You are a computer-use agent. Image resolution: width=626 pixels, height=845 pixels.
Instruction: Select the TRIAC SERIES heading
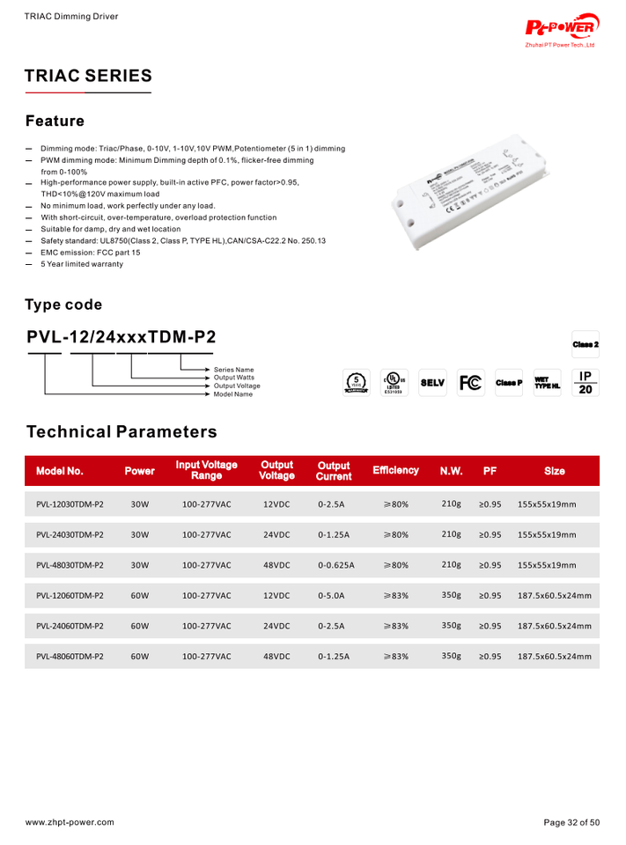click(x=88, y=76)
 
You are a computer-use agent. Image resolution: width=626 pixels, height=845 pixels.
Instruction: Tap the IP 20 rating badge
click(x=585, y=382)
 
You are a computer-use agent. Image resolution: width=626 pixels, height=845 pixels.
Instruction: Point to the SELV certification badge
click(x=432, y=383)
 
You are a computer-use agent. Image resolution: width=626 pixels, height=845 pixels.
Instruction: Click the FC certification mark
click(x=471, y=383)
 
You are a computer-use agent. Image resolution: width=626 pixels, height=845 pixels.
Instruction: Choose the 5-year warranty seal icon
click(x=357, y=383)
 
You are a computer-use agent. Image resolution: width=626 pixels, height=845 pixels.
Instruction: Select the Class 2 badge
click(x=585, y=344)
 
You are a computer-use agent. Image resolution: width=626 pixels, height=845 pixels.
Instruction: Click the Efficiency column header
click(x=395, y=471)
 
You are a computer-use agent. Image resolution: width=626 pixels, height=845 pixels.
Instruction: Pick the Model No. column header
click(x=60, y=471)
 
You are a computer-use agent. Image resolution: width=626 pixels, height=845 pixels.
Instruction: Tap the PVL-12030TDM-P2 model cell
click(x=70, y=504)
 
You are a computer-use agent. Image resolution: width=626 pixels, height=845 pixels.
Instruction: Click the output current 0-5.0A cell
click(x=331, y=596)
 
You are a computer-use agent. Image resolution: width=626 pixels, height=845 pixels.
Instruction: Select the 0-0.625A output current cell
click(x=335, y=565)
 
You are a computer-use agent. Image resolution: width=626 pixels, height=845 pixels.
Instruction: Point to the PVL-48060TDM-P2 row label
click(x=70, y=657)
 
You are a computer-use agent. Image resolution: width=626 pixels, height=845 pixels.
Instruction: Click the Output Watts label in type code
click(x=234, y=378)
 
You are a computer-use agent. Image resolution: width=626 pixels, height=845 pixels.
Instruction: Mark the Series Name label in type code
click(x=233, y=370)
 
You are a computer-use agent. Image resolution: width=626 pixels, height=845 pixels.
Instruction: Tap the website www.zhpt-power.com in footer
click(x=70, y=822)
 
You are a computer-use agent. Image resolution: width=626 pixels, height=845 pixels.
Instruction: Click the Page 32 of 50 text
click(x=571, y=822)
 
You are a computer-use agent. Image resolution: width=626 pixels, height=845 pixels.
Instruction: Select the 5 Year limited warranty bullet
click(x=82, y=264)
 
